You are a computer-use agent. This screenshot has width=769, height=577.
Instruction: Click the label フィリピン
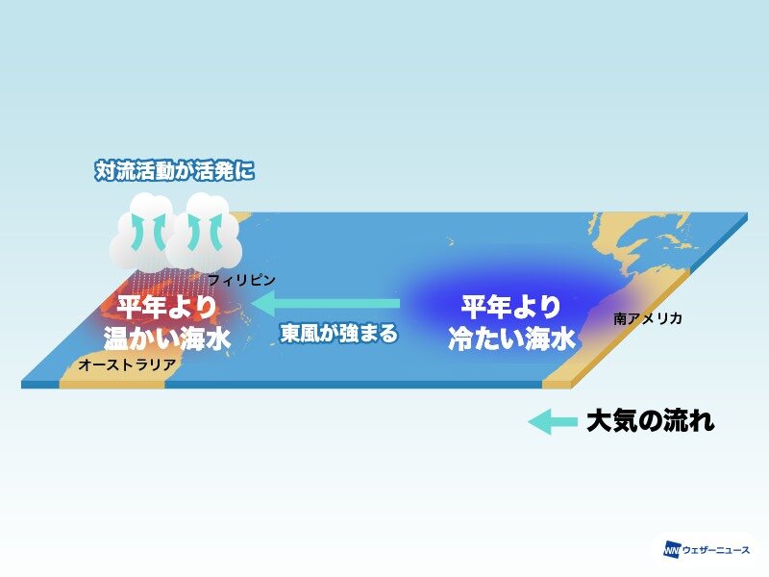click(x=242, y=280)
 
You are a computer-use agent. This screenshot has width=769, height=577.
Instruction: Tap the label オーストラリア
click(x=127, y=364)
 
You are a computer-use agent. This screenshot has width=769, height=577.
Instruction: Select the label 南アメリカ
click(x=647, y=318)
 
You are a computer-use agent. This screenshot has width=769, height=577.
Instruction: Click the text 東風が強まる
click(x=339, y=333)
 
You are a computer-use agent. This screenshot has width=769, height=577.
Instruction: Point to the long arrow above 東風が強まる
click(x=327, y=303)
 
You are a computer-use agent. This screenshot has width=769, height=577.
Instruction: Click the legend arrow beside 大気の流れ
click(x=552, y=421)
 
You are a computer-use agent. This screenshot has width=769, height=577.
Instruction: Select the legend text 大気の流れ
click(x=651, y=421)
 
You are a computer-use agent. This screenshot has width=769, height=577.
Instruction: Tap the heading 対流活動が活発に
click(x=175, y=171)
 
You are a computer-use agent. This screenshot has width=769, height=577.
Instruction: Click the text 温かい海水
click(x=167, y=339)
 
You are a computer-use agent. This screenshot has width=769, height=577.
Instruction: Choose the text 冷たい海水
click(x=511, y=339)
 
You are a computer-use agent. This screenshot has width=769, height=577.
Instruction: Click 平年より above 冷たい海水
click(x=511, y=307)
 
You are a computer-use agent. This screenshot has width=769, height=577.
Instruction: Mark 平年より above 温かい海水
click(x=167, y=307)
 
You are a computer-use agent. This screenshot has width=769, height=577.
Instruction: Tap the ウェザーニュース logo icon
click(x=672, y=550)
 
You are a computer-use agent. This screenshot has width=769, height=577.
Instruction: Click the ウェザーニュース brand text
click(x=716, y=550)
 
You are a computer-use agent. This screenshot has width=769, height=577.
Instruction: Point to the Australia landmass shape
click(x=117, y=364)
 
